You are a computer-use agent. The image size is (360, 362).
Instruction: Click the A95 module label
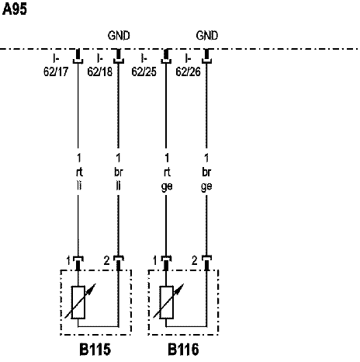[15, 9]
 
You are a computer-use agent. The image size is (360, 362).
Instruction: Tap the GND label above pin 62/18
[119, 36]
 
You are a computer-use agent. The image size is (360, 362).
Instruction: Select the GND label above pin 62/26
[207, 36]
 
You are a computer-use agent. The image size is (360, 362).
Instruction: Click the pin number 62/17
[56, 71]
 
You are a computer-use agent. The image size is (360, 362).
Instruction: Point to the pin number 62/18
[100, 71]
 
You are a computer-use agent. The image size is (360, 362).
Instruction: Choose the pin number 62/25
[144, 71]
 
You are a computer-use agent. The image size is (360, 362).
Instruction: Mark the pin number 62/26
[188, 71]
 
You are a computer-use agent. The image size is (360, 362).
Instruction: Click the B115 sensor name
[95, 350]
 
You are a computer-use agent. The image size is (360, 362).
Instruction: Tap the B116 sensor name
[183, 350]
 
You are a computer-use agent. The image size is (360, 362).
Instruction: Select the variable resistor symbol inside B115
[78, 302]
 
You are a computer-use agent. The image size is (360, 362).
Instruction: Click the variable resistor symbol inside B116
[167, 302]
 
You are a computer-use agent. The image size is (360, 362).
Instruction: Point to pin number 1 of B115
[68, 260]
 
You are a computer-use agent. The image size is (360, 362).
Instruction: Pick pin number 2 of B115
[107, 260]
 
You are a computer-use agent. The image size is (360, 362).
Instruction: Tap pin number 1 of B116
[155, 260]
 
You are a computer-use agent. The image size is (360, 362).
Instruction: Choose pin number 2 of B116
[195, 260]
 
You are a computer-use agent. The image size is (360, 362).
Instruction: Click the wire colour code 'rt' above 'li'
[79, 172]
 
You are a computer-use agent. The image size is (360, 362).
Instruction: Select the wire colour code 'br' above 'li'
[119, 172]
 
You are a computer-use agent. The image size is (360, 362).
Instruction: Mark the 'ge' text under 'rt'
[167, 187]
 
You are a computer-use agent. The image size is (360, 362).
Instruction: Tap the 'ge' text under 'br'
[206, 187]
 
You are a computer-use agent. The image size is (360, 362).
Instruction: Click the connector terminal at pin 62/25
[166, 56]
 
